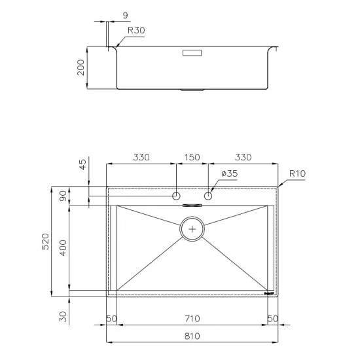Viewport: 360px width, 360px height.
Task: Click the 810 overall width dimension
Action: pyautogui.click(x=192, y=336)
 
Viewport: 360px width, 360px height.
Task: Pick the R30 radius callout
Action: pyautogui.click(x=135, y=30)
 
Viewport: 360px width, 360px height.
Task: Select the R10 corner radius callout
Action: pyautogui.click(x=297, y=173)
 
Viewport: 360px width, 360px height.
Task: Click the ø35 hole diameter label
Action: pyautogui.click(x=228, y=173)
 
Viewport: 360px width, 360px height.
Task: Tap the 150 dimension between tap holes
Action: pyautogui.click(x=192, y=157)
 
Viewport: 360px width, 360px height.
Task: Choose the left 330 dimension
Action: pyautogui.click(x=141, y=157)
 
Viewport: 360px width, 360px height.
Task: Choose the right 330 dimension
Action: pyautogui.click(x=243, y=157)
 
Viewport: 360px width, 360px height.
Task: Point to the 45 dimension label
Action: pyautogui.click(x=81, y=164)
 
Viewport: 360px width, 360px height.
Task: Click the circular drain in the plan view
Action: pyautogui.click(x=192, y=229)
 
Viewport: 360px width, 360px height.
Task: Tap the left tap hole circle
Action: pyautogui.click(x=176, y=196)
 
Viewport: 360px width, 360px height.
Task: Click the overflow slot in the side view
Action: pyautogui.click(x=192, y=50)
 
